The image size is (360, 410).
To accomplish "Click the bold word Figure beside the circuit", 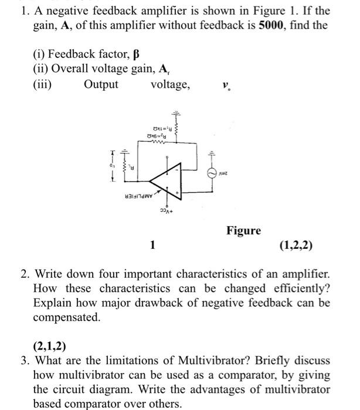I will point(244,231).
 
